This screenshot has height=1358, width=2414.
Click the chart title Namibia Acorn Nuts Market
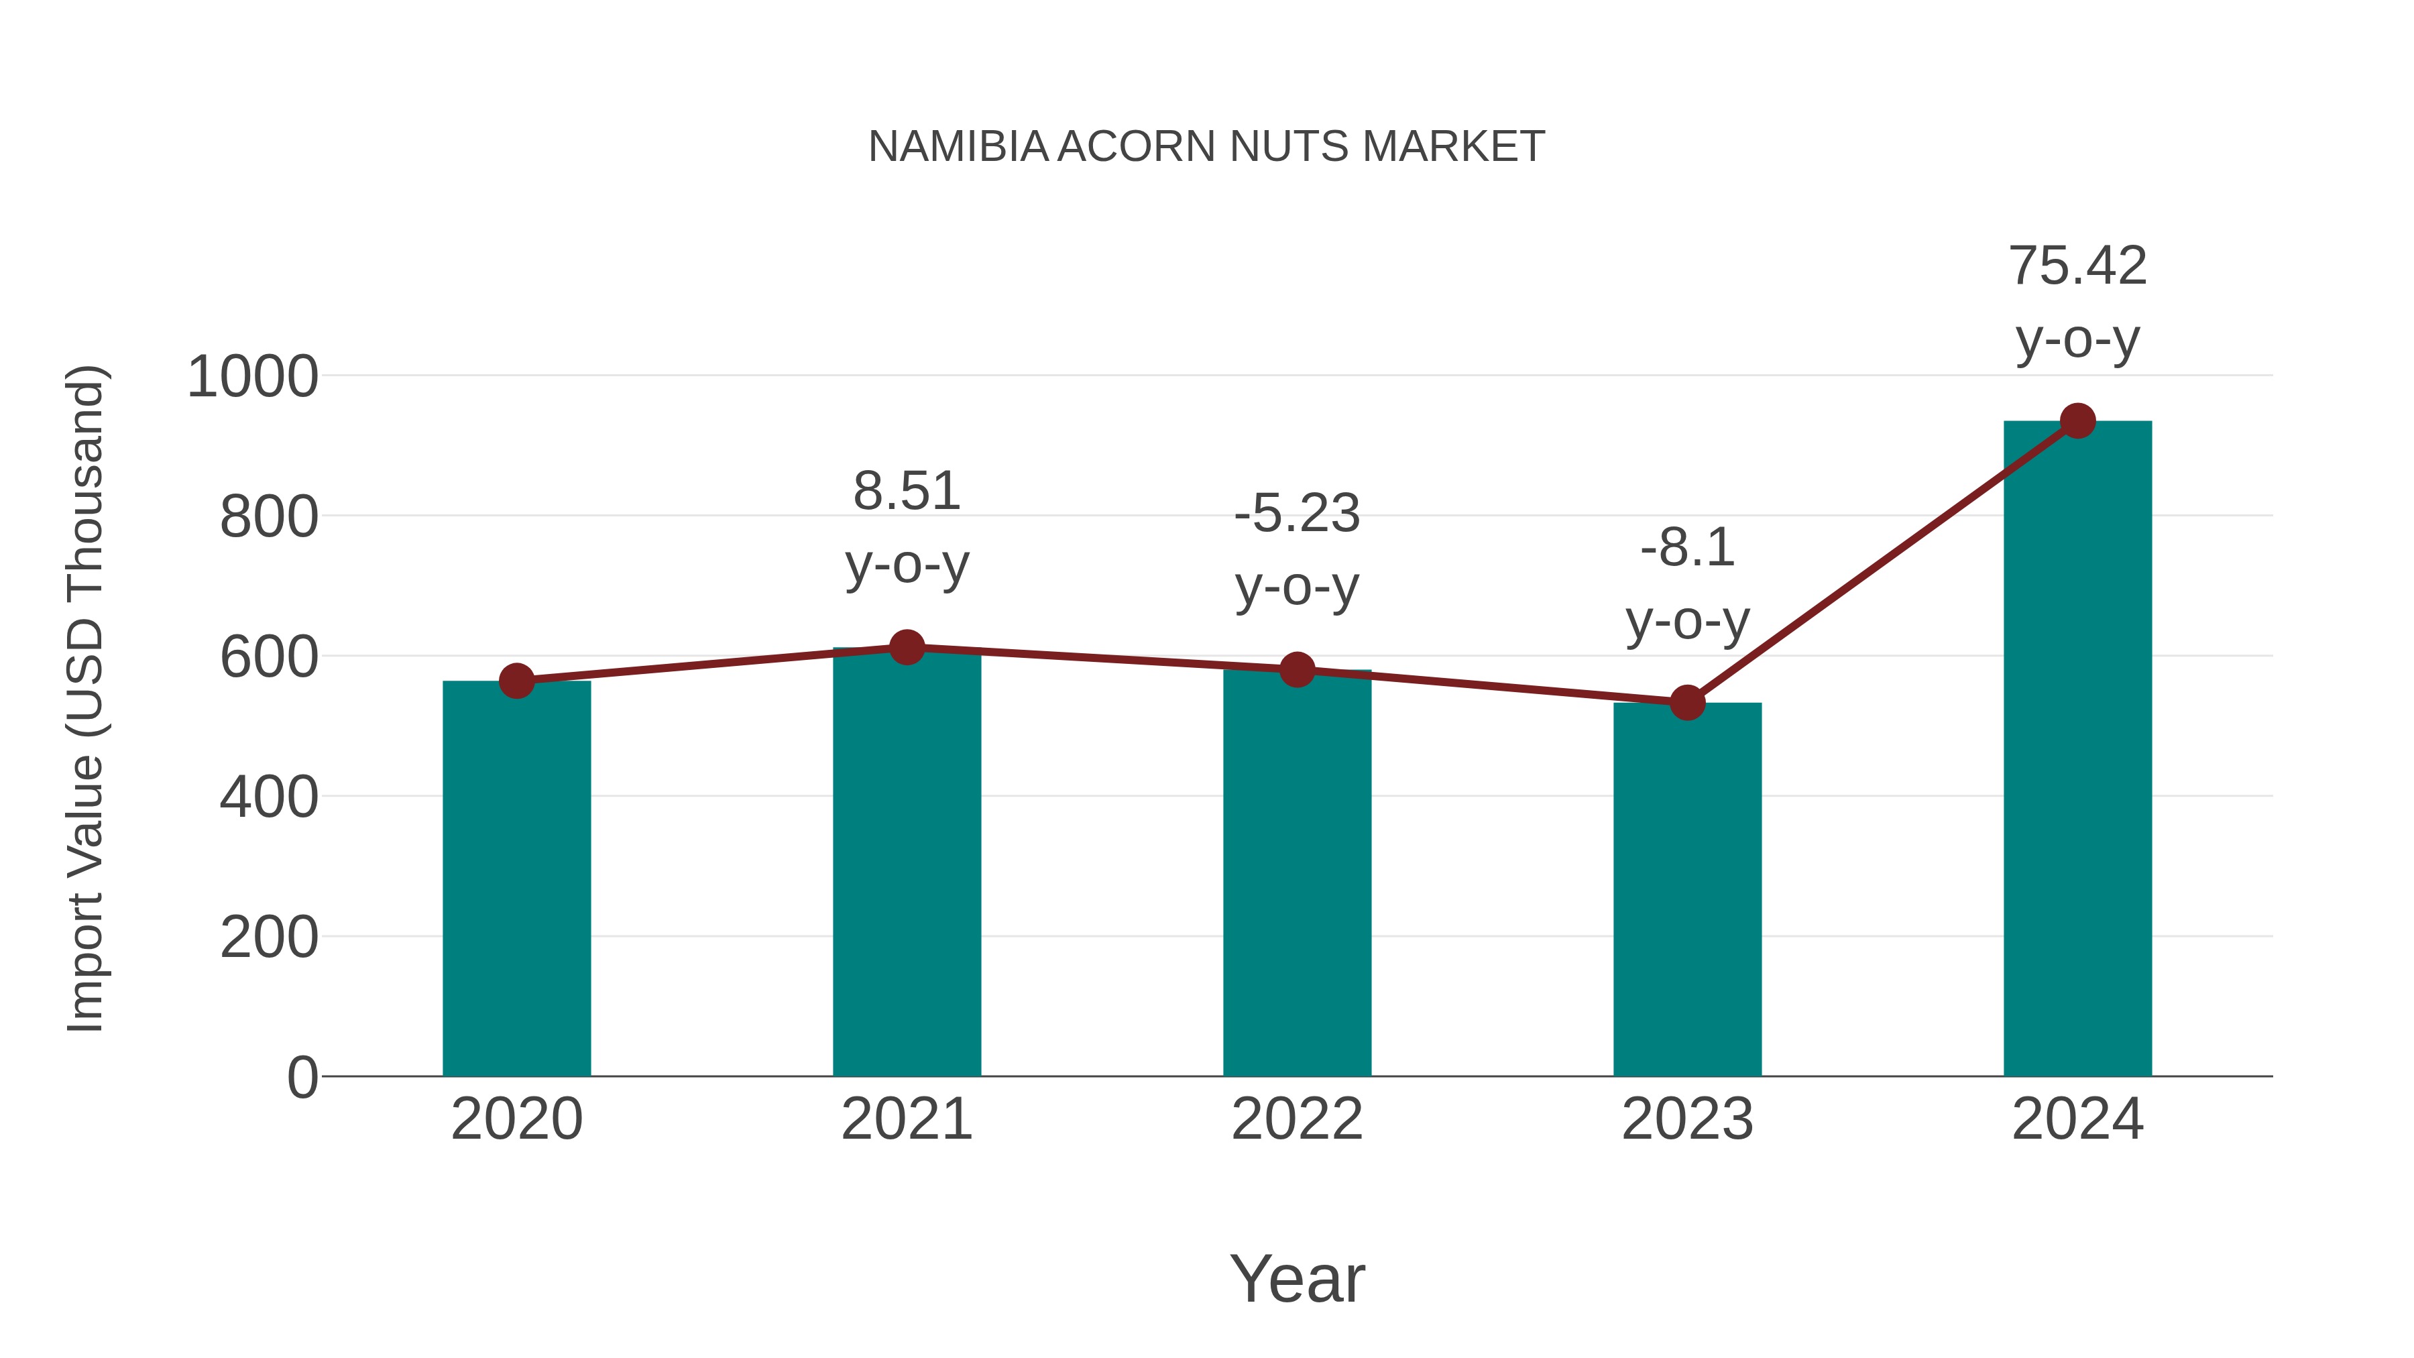click(x=1206, y=147)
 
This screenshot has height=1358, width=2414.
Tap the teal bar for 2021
click(x=906, y=862)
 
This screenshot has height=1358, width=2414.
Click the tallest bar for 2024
click(x=2077, y=750)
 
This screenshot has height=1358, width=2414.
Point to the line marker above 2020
click(x=516, y=681)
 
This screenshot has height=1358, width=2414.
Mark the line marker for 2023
click(x=1687, y=702)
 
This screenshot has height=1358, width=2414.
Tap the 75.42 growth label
click(x=2077, y=266)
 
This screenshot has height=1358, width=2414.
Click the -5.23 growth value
click(x=1297, y=514)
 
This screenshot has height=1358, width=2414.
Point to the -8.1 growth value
click(x=1687, y=549)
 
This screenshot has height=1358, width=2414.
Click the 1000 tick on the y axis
click(x=253, y=378)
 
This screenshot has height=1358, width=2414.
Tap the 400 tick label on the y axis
click(x=269, y=799)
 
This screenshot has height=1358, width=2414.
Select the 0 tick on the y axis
click(x=302, y=1078)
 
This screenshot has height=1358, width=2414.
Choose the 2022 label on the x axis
click(x=1297, y=1120)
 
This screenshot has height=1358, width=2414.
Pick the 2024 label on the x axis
click(x=2077, y=1120)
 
